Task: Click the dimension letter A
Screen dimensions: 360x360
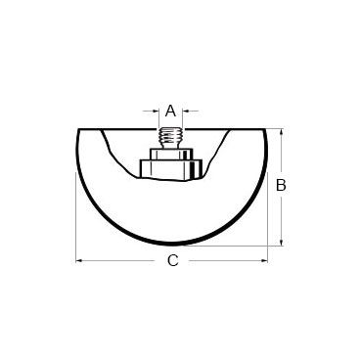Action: click(170, 111)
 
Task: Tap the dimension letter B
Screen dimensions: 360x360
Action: click(281, 185)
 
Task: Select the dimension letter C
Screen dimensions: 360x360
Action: click(173, 260)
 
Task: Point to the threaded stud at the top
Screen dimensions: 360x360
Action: click(169, 138)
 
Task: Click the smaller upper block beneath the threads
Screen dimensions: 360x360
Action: click(170, 155)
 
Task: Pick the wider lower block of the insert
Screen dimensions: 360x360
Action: click(171, 168)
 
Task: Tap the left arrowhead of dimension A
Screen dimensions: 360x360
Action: click(156, 112)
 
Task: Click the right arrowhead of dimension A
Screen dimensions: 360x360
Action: click(186, 112)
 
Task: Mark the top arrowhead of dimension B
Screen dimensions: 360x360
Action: click(282, 132)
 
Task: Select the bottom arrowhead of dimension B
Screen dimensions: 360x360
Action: click(282, 242)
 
